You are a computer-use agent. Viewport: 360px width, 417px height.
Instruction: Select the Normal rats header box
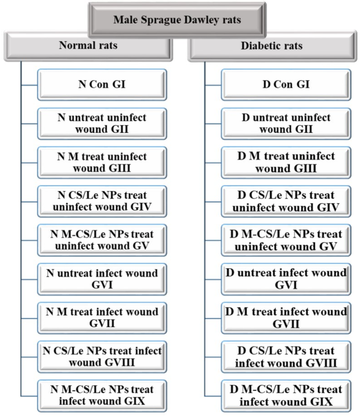(88, 46)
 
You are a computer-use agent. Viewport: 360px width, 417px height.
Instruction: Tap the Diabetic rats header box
(272, 46)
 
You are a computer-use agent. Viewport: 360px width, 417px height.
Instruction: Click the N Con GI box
(102, 84)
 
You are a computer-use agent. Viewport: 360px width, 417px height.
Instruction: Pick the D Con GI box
(285, 84)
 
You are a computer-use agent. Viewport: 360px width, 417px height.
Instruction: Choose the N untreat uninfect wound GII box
(102, 123)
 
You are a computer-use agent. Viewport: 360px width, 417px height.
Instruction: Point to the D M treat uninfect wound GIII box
(285, 162)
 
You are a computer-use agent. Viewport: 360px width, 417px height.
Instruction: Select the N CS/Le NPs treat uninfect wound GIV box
(102, 201)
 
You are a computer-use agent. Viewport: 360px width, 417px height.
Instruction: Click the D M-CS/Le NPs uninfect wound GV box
(285, 239)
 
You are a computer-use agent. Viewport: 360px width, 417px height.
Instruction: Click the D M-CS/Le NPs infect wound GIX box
(285, 395)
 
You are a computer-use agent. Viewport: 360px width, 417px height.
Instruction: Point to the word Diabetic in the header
(261, 46)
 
